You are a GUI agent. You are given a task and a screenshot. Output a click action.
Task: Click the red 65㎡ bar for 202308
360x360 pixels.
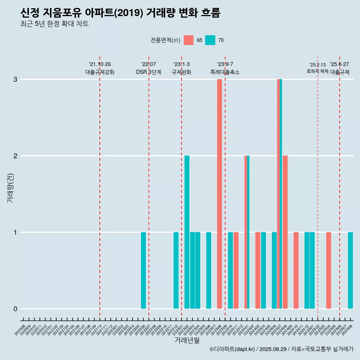(x=219, y=194)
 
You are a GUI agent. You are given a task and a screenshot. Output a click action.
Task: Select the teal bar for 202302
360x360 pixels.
(x=187, y=232)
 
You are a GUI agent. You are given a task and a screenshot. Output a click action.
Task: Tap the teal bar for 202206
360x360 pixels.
(x=143, y=270)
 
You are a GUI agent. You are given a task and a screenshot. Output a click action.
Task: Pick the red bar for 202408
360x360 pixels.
(x=285, y=232)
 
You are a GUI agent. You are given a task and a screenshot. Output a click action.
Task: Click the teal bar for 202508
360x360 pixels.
(x=350, y=270)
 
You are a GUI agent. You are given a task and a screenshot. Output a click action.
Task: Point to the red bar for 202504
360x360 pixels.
(x=328, y=270)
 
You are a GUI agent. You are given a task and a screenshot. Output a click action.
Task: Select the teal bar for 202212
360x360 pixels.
(x=176, y=270)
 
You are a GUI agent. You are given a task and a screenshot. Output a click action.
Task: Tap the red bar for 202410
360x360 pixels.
(x=296, y=270)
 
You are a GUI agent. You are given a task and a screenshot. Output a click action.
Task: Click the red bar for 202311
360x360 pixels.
(x=236, y=270)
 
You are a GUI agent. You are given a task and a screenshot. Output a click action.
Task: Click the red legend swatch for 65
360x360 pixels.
(x=189, y=40)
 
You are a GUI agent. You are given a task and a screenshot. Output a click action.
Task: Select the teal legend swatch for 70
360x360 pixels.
(x=210, y=40)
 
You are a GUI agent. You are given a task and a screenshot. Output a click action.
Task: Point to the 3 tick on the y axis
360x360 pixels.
(x=15, y=79)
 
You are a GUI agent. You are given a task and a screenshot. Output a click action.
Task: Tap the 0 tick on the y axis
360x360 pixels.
(x=15, y=309)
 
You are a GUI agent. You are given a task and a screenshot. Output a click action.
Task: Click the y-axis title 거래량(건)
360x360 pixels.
(x=10, y=187)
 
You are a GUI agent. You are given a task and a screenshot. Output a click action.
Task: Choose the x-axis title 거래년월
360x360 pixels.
(x=187, y=340)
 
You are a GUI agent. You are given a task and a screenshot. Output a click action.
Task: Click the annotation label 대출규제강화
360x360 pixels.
(x=100, y=72)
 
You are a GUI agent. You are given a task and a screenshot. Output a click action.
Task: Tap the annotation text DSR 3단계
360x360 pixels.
(x=148, y=72)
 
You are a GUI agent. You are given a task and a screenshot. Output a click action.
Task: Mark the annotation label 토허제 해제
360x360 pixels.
(x=317, y=71)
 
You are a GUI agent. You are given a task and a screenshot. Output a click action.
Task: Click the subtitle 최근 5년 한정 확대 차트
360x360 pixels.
(x=54, y=24)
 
